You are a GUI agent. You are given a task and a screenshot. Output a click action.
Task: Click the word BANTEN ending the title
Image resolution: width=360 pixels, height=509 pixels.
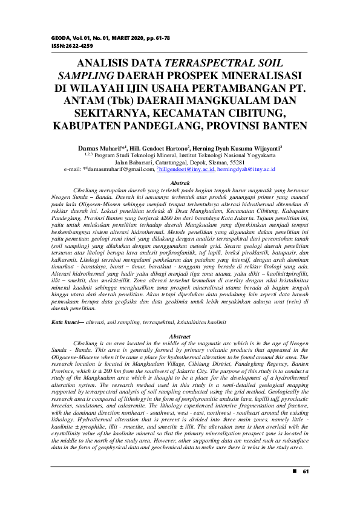pyautogui.click(x=285, y=126)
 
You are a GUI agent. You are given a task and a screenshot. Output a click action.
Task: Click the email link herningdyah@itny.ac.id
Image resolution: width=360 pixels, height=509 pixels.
pyautogui.click(x=247, y=169)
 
